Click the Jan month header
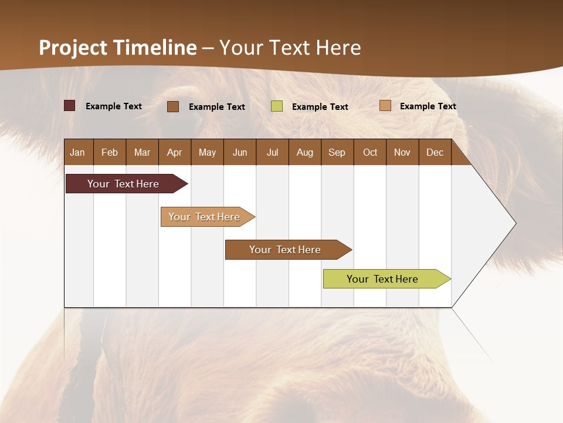click(77, 152)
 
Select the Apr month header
click(174, 152)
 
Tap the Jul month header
click(272, 152)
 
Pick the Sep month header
click(337, 152)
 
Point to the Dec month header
click(435, 152)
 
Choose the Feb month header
click(110, 152)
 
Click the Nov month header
click(402, 152)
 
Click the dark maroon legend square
click(70, 106)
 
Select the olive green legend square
click(277, 106)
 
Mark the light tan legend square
click(385, 106)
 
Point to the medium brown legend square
click(173, 106)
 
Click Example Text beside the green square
click(320, 107)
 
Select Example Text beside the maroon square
click(113, 106)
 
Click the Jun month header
click(239, 152)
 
